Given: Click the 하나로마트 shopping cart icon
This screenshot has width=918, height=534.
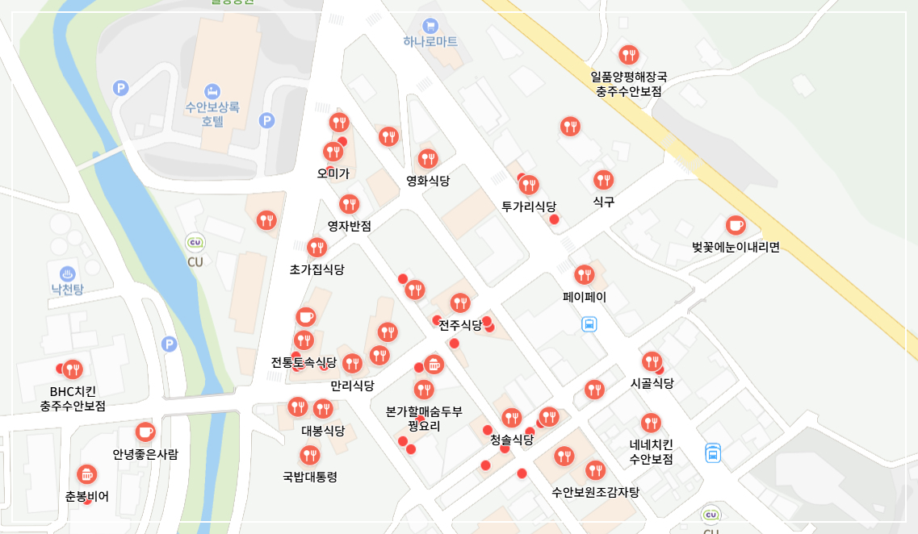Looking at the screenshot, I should [430, 25].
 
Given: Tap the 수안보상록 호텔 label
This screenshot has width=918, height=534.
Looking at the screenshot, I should [212, 114].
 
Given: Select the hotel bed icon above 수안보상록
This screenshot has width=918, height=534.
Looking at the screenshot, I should [212, 90].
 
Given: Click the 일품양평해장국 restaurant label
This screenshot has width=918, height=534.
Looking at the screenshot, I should [629, 85].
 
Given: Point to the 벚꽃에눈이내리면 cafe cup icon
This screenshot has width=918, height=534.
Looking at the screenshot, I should [735, 225].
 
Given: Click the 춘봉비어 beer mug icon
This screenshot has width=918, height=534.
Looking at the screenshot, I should [86, 474].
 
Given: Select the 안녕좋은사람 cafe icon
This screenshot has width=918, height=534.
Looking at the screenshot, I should [145, 432].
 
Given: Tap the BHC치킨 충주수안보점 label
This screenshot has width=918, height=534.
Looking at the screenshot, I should [73, 399].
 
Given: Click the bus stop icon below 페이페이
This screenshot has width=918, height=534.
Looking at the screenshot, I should [589, 324].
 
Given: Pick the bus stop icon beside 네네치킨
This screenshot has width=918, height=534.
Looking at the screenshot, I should [713, 453].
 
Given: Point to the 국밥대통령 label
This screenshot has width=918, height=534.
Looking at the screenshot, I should [310, 477].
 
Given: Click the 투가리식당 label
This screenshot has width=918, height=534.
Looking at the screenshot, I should [529, 206].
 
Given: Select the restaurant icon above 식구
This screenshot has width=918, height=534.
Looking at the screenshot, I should [603, 180].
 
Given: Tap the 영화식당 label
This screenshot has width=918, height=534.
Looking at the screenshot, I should [428, 180].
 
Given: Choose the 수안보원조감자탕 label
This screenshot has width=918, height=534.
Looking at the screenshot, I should [595, 491].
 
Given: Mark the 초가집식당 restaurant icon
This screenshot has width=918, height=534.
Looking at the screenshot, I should [316, 248].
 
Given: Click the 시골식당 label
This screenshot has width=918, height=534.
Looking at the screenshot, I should [652, 383].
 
